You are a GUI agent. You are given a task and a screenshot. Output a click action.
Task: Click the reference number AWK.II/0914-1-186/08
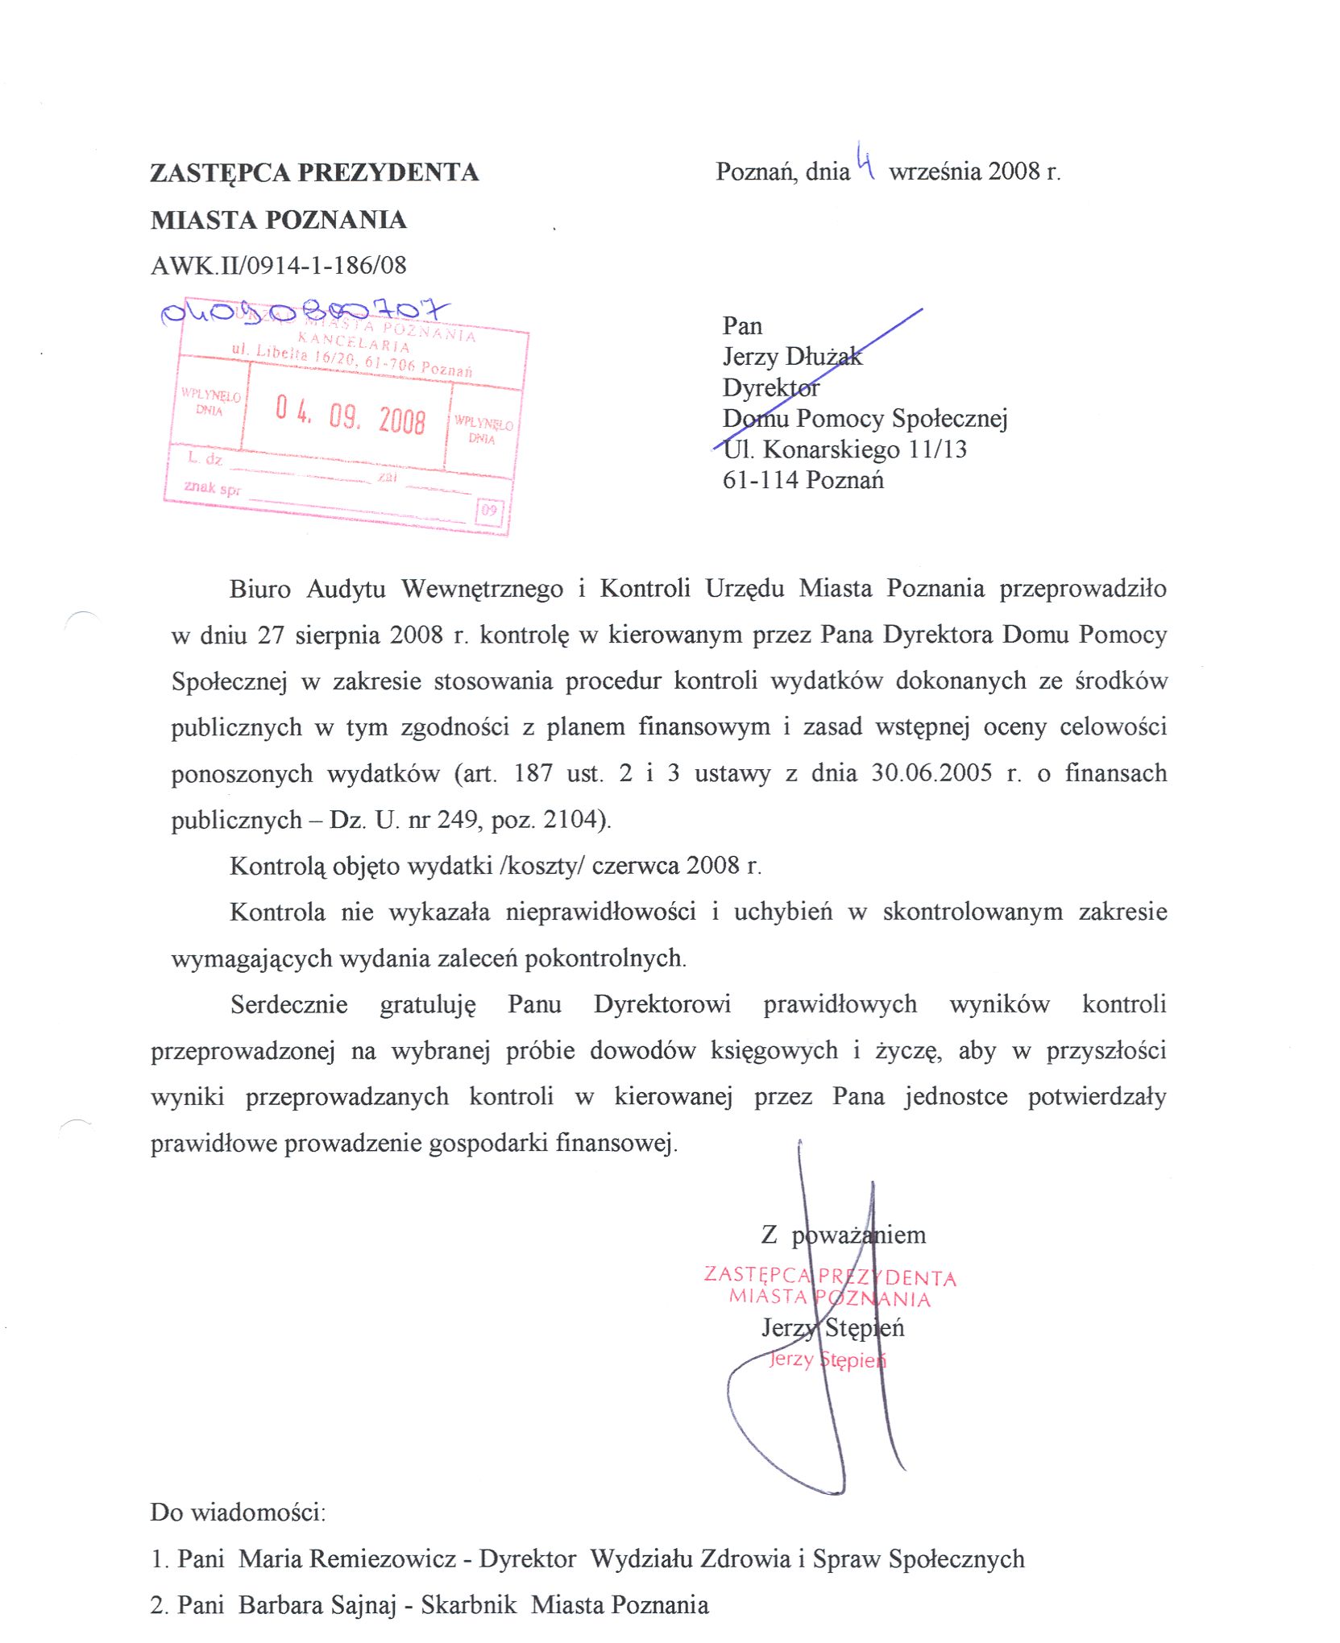click(x=278, y=265)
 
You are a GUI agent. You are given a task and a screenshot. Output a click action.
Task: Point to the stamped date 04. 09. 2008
click(x=350, y=415)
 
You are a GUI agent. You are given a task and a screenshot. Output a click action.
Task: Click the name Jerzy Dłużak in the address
click(x=792, y=356)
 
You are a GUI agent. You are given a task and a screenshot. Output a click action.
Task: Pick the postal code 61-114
click(x=761, y=480)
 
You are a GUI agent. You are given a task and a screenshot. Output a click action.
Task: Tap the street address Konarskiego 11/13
click(x=865, y=449)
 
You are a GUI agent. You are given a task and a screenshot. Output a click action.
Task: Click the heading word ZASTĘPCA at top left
click(x=221, y=173)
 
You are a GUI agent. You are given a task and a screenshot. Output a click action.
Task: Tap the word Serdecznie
click(x=288, y=1004)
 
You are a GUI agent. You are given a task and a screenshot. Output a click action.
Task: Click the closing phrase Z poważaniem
click(x=843, y=1235)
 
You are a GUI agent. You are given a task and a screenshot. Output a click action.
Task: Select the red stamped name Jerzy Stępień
click(x=827, y=1360)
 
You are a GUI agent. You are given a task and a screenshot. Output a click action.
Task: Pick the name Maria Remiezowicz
click(x=347, y=1558)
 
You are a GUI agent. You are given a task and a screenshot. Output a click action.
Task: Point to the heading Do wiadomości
click(x=238, y=1512)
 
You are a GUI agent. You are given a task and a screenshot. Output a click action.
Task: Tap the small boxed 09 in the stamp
click(x=489, y=510)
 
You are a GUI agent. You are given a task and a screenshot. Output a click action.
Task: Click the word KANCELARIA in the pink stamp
click(x=355, y=341)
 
